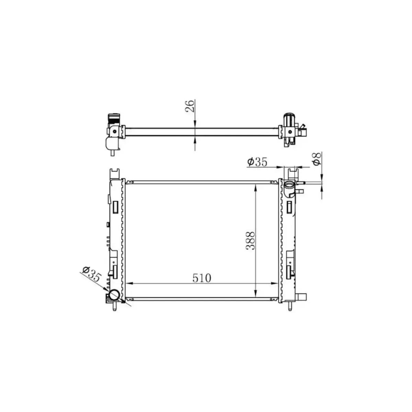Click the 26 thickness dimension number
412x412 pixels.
(190, 106)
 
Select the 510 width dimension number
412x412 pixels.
(202, 278)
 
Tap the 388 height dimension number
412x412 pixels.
(250, 241)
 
